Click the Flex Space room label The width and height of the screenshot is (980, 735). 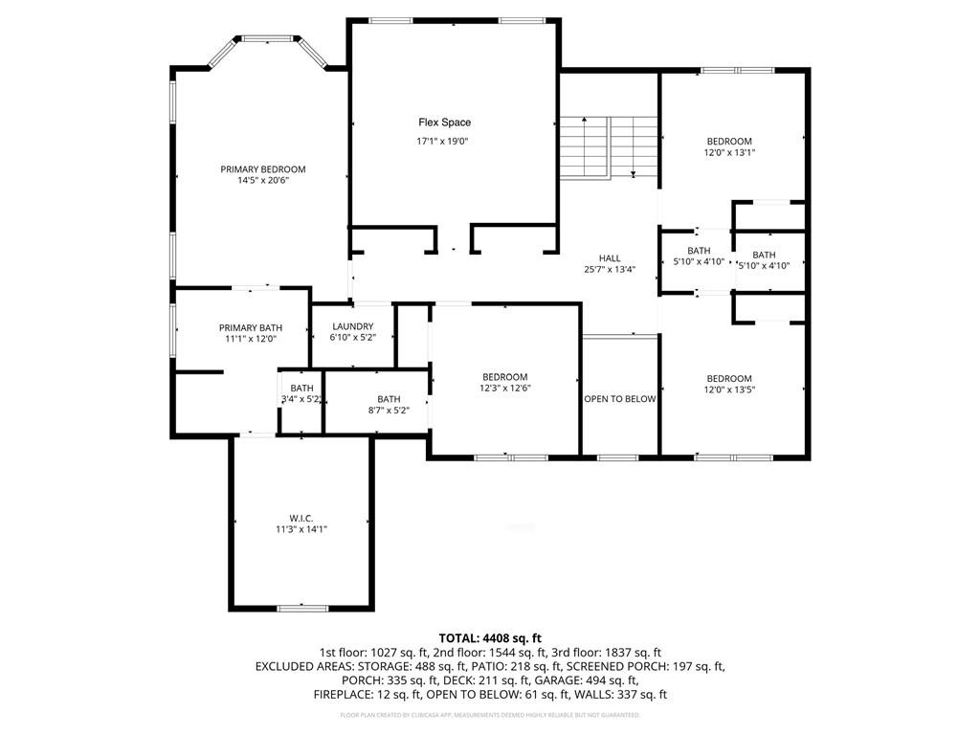[444, 122]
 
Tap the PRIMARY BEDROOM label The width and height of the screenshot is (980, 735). [263, 169]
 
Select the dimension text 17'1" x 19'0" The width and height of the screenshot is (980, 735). [442, 142]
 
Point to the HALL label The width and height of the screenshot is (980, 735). [610, 258]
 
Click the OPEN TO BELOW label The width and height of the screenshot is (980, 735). [620, 399]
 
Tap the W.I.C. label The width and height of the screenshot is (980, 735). [301, 518]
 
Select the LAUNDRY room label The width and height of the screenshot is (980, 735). [352, 327]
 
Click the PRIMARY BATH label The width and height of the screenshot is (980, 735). [251, 328]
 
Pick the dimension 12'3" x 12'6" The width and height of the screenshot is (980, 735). [504, 389]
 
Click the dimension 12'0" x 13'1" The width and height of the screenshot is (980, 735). [729, 152]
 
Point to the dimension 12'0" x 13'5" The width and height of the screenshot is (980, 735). [729, 390]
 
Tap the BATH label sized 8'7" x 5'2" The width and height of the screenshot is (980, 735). [389, 399]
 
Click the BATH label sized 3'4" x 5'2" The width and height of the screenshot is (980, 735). [301, 388]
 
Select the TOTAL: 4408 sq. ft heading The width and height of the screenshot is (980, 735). [490, 637]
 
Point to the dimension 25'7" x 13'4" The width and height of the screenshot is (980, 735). [610, 269]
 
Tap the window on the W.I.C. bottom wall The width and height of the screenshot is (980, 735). [303, 608]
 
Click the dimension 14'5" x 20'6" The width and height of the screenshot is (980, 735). [263, 180]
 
